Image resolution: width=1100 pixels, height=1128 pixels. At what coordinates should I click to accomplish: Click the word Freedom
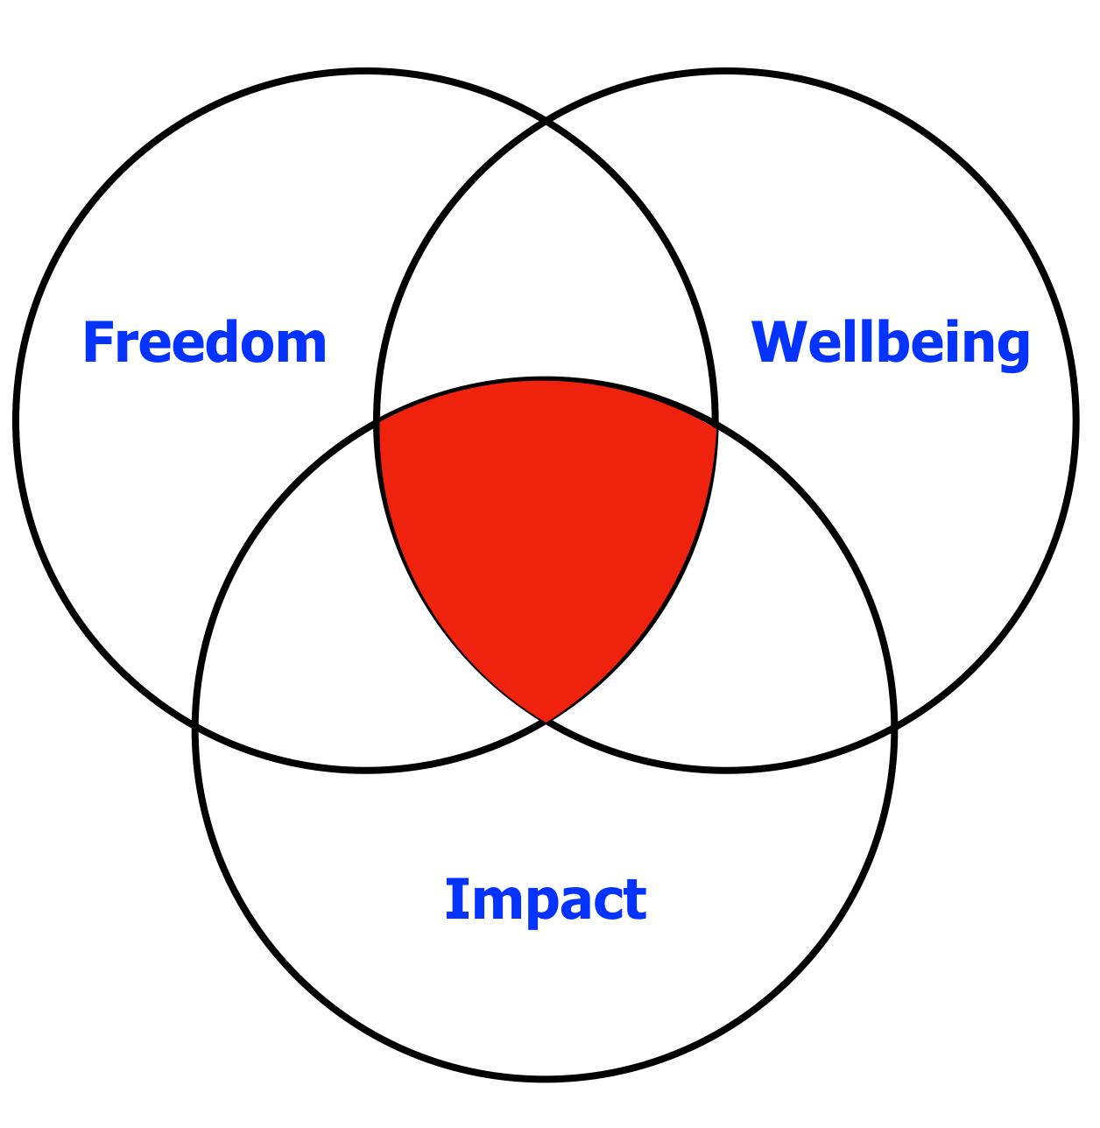tap(205, 342)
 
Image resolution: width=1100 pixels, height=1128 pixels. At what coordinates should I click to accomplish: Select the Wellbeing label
tap(891, 345)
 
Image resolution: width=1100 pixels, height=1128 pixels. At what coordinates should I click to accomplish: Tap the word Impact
tap(546, 901)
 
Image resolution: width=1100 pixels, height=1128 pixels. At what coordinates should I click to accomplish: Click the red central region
tap(545, 522)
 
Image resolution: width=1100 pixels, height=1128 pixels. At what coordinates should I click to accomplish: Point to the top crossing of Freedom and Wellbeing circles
tap(546, 120)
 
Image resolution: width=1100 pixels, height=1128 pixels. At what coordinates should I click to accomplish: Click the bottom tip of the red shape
tap(546, 723)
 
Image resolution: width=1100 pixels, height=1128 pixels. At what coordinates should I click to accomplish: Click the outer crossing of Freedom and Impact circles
tap(194, 724)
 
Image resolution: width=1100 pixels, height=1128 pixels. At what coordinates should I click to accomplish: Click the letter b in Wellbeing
tap(896, 341)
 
